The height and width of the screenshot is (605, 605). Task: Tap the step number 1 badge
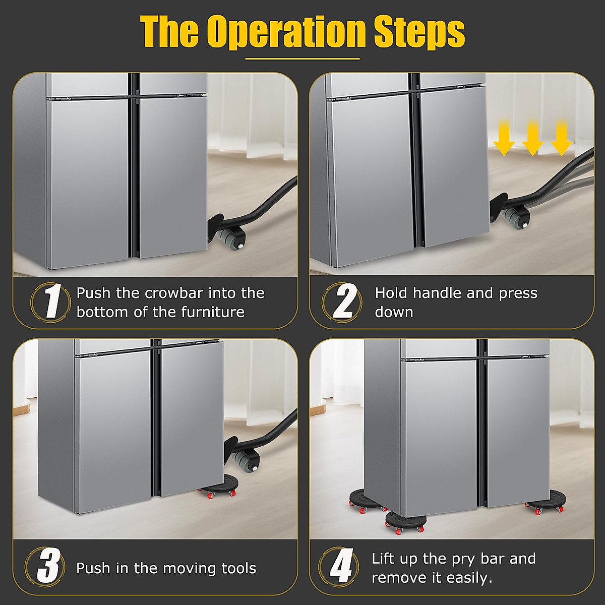tap(50, 302)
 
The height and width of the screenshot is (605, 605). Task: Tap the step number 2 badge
tap(342, 301)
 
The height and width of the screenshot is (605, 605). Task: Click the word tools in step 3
tap(238, 568)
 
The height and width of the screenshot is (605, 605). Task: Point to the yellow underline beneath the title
tap(302, 59)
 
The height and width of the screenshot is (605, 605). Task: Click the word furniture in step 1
tap(213, 312)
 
